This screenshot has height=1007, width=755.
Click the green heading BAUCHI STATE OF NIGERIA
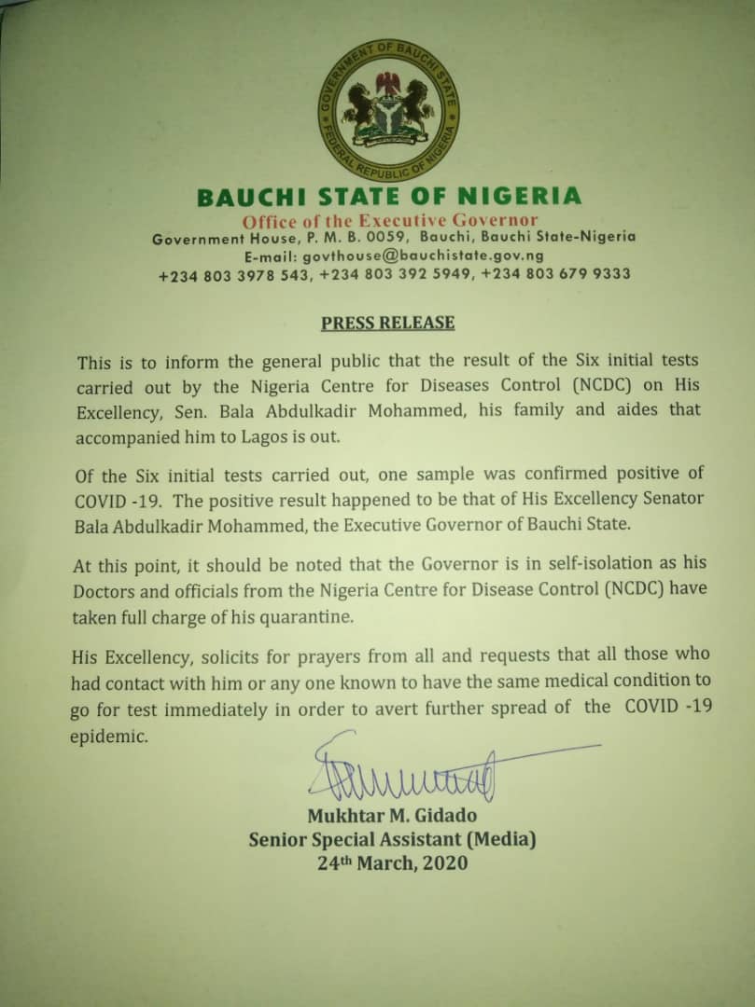tap(388, 198)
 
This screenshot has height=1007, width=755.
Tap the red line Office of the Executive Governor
tap(390, 221)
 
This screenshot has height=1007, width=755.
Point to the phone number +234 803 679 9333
tap(559, 274)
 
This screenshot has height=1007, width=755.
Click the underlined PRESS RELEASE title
tap(387, 324)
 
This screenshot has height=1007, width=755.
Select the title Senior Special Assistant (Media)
tap(393, 840)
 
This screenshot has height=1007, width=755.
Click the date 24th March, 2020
tap(392, 863)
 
